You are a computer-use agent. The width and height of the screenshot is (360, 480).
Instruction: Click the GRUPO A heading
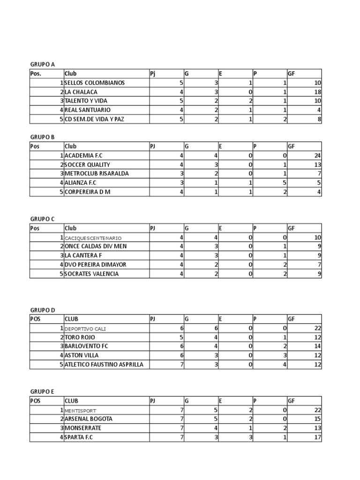coord(43,65)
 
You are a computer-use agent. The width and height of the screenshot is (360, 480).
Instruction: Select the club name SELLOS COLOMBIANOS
coord(95,83)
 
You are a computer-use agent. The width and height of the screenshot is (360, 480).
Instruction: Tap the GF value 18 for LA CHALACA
coord(317,92)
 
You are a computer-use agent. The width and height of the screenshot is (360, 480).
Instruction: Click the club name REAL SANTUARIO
coord(88,110)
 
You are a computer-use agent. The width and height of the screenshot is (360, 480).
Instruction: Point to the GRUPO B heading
coord(43,137)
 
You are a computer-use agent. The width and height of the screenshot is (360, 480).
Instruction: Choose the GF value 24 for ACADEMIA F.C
coord(317,156)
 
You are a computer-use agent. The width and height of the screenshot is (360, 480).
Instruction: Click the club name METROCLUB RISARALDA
coord(97,173)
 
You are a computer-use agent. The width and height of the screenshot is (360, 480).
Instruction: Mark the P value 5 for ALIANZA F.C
coord(284,183)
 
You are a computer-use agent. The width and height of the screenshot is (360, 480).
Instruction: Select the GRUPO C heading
coord(43,219)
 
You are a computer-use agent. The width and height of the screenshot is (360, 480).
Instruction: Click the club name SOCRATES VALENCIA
coord(92,274)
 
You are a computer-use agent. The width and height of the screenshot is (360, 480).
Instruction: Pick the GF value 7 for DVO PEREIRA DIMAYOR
coord(319,265)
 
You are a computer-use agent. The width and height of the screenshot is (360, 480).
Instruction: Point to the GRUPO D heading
coord(43,310)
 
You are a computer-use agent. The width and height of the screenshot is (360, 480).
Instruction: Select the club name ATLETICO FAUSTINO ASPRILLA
coord(104,365)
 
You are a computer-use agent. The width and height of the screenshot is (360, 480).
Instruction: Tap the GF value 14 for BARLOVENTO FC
coord(317,346)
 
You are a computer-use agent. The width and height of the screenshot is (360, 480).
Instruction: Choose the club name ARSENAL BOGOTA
coord(89,419)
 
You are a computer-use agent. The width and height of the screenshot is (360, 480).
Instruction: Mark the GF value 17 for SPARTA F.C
coord(317,437)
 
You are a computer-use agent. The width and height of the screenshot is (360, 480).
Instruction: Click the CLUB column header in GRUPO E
coord(71,401)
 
